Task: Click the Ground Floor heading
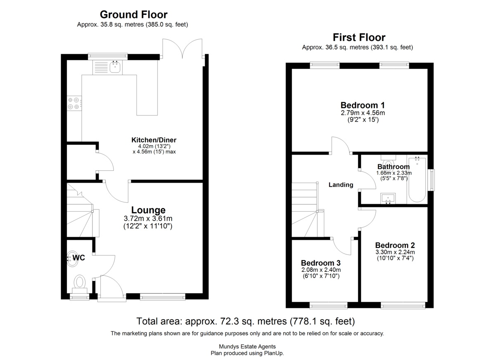(134, 15)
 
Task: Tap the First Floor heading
(359, 38)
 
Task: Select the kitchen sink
(115, 67)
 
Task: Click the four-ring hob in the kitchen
(74, 104)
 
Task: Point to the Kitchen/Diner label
(154, 140)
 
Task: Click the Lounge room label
(148, 210)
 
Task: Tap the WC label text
(79, 257)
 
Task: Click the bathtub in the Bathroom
(417, 179)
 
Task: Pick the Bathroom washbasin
(388, 198)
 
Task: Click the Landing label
(341, 185)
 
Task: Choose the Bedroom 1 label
(363, 105)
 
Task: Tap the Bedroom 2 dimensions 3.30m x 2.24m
(395, 252)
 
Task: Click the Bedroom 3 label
(321, 263)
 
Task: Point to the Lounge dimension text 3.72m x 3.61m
(148, 219)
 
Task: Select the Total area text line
(245, 321)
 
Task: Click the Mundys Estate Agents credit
(247, 346)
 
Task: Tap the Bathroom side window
(431, 180)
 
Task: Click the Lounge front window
(163, 296)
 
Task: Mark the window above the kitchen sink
(108, 56)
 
